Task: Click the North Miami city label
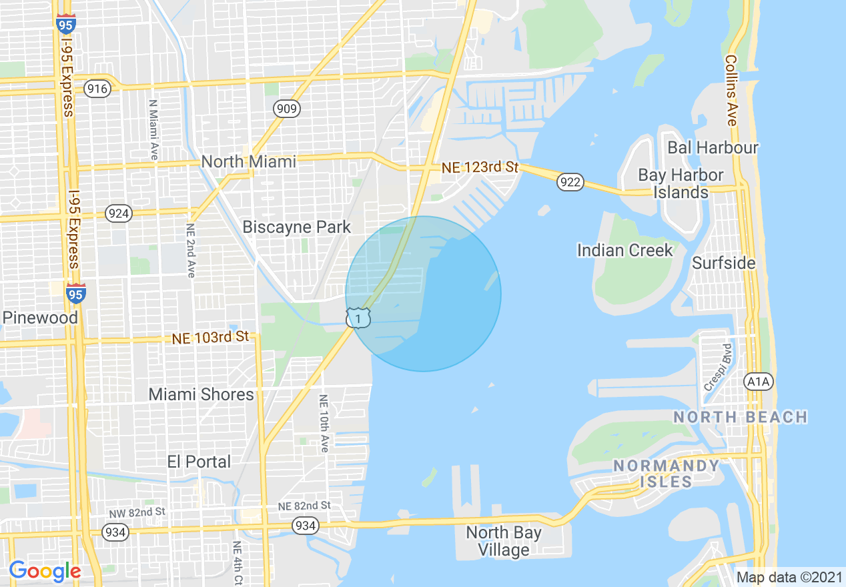coord(249,161)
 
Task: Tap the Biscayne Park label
coord(296,227)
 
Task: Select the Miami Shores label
coord(201,394)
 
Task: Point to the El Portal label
coord(199,462)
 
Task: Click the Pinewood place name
coord(40,318)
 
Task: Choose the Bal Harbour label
coord(713,147)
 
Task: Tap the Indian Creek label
coord(624,250)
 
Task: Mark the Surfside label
coord(724,263)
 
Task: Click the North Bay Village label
coord(504,541)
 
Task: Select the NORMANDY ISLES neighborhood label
coord(667,474)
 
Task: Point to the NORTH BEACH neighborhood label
coord(741,418)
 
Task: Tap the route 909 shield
coord(286,109)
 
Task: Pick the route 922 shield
coord(572,182)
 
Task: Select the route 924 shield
coord(119,213)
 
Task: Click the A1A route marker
coord(758,381)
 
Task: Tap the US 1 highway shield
coord(359,319)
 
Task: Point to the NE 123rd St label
coord(479,167)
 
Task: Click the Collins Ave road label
coord(731,91)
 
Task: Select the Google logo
coord(45,571)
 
